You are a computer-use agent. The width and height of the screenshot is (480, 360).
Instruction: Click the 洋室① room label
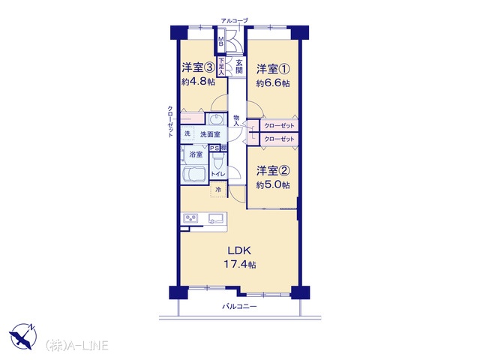tap(273, 69)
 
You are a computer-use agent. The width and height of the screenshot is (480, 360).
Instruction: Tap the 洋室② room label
tap(273, 171)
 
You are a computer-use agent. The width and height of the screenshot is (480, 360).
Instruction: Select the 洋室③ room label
tap(198, 67)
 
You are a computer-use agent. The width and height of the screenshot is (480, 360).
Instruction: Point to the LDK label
tap(239, 250)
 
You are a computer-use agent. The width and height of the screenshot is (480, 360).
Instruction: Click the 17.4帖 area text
tap(240, 264)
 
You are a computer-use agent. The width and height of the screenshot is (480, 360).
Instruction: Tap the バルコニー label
tap(239, 306)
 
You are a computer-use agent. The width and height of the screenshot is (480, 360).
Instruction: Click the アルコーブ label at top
tap(234, 21)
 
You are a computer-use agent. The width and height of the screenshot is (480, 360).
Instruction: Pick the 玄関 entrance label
tap(239, 67)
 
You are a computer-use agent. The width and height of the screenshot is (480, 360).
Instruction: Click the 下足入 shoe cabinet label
tap(221, 66)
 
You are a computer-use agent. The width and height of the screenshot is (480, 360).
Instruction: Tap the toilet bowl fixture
tap(218, 160)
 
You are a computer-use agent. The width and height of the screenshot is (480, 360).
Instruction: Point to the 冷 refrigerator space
tap(218, 190)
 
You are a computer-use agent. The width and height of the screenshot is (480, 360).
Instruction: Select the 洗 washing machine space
tap(187, 133)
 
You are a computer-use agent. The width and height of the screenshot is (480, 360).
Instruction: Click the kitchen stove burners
tap(190, 218)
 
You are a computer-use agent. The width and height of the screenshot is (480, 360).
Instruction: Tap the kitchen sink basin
tap(216, 218)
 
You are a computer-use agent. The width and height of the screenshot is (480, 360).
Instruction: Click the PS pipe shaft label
tap(214, 148)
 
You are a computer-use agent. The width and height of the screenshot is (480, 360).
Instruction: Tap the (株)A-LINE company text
tap(76, 346)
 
